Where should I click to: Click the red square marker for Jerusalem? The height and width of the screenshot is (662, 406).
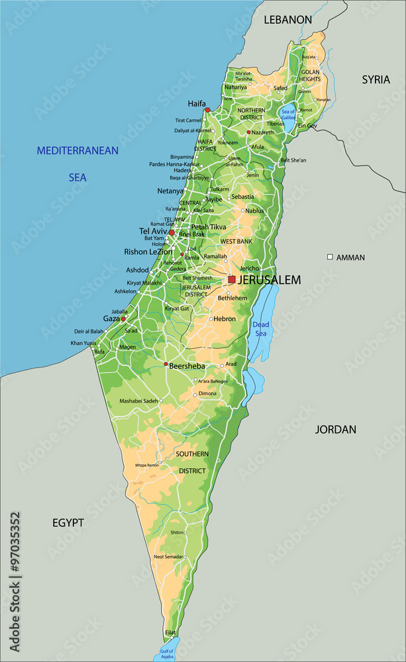232,279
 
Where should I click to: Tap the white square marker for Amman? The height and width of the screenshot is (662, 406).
330,257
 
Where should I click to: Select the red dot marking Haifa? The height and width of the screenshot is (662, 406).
207,110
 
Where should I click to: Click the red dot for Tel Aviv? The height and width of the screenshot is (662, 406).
172,232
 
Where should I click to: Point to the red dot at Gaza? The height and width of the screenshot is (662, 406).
123,319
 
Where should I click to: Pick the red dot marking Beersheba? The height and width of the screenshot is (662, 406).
166,364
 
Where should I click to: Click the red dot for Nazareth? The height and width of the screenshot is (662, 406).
248,132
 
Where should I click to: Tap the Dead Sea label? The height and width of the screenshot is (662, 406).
260,329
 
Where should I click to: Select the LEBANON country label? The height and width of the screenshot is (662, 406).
287,20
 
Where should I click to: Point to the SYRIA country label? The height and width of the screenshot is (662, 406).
376,79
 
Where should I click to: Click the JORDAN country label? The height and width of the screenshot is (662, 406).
335,430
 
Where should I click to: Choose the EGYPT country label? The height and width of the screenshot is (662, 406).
68,523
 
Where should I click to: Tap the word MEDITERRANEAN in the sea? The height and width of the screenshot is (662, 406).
77,150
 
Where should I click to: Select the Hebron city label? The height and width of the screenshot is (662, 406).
225,318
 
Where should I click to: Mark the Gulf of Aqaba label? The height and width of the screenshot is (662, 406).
166,653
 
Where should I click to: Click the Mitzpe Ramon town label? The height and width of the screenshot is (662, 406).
148,465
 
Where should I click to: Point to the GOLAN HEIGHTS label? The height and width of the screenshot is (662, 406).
310,75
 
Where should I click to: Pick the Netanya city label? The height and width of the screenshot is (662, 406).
170,191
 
